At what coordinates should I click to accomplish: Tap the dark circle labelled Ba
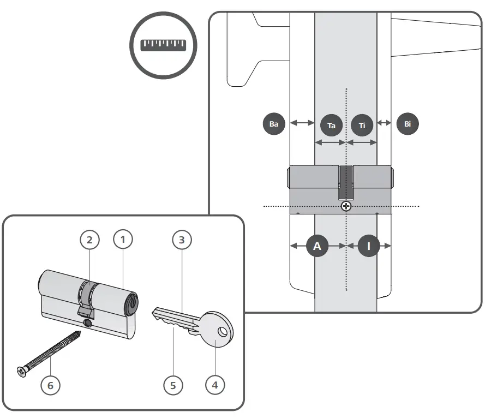(x=274, y=124)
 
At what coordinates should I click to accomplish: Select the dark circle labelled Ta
(x=331, y=125)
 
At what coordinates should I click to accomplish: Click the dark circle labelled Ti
(x=362, y=125)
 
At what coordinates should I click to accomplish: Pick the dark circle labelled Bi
(x=408, y=124)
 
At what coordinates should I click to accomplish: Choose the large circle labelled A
(x=317, y=246)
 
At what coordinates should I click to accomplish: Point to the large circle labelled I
(x=368, y=246)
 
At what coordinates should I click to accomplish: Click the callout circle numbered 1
(x=123, y=239)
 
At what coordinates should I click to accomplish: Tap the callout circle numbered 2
(x=90, y=239)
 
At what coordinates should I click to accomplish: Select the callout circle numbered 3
(x=182, y=239)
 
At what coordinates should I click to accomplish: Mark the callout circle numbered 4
(x=214, y=385)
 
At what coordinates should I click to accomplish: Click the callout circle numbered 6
(x=51, y=385)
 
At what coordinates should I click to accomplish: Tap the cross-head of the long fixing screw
(x=21, y=372)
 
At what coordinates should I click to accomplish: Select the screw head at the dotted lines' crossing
(x=345, y=206)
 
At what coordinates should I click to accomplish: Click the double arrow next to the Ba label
(x=302, y=123)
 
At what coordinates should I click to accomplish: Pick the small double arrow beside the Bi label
(x=385, y=123)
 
